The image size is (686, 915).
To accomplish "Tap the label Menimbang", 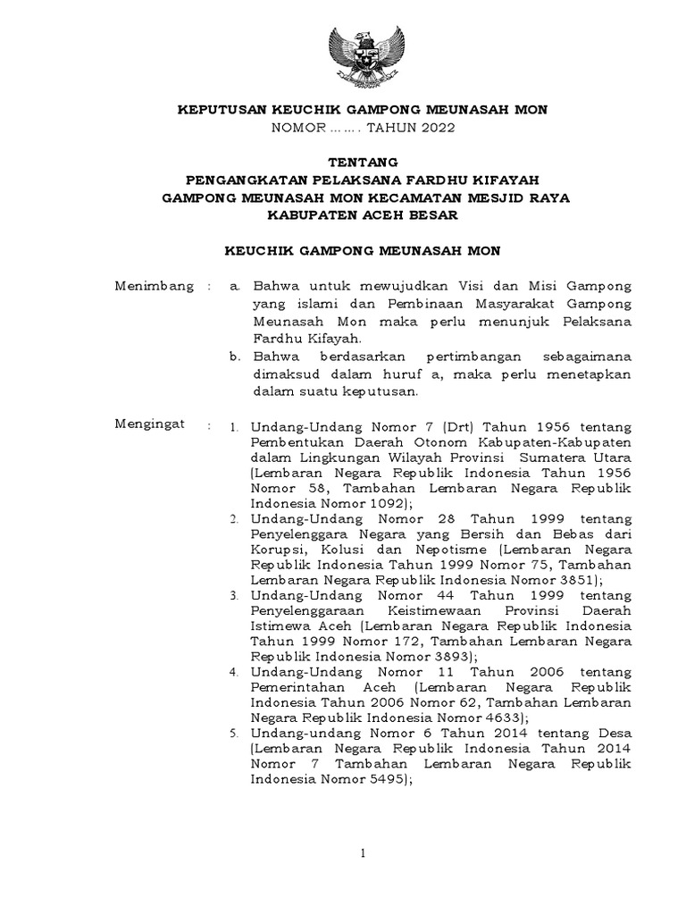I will [x=154, y=287].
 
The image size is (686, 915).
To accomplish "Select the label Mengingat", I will [x=150, y=424].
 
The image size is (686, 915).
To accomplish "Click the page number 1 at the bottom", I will [x=364, y=855].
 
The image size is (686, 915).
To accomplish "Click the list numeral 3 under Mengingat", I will [x=233, y=595].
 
